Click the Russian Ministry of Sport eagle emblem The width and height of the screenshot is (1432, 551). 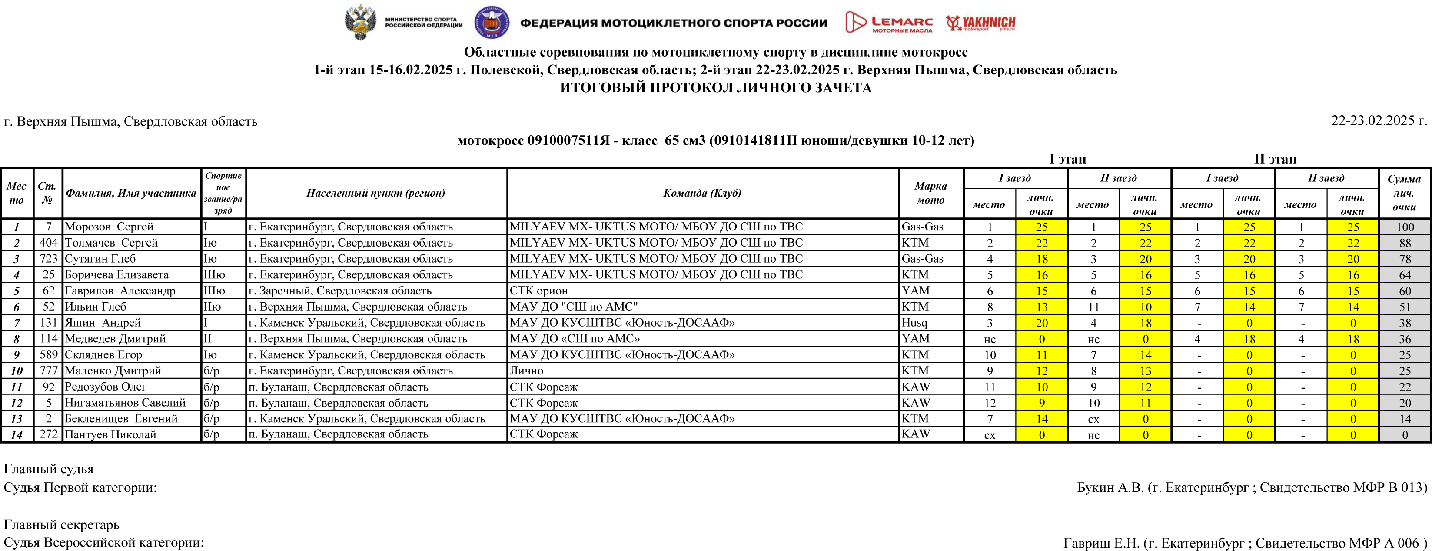[360, 22]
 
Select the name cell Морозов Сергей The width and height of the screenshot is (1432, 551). [109, 227]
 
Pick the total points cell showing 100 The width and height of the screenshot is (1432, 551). [1405, 227]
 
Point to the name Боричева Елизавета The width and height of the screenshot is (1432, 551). [117, 275]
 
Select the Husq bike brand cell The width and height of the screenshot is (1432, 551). [914, 323]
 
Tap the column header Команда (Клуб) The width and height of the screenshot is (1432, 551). [702, 193]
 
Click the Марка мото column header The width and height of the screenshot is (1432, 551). [930, 193]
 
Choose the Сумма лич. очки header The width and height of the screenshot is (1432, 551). [1404, 193]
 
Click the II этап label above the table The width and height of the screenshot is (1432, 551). [1275, 159]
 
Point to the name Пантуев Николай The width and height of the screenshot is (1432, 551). [110, 435]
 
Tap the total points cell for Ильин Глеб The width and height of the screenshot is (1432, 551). [1405, 307]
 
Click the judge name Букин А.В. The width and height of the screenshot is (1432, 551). [1110, 488]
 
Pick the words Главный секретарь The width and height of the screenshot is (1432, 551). [62, 524]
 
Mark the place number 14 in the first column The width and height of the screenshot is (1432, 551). [17, 435]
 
